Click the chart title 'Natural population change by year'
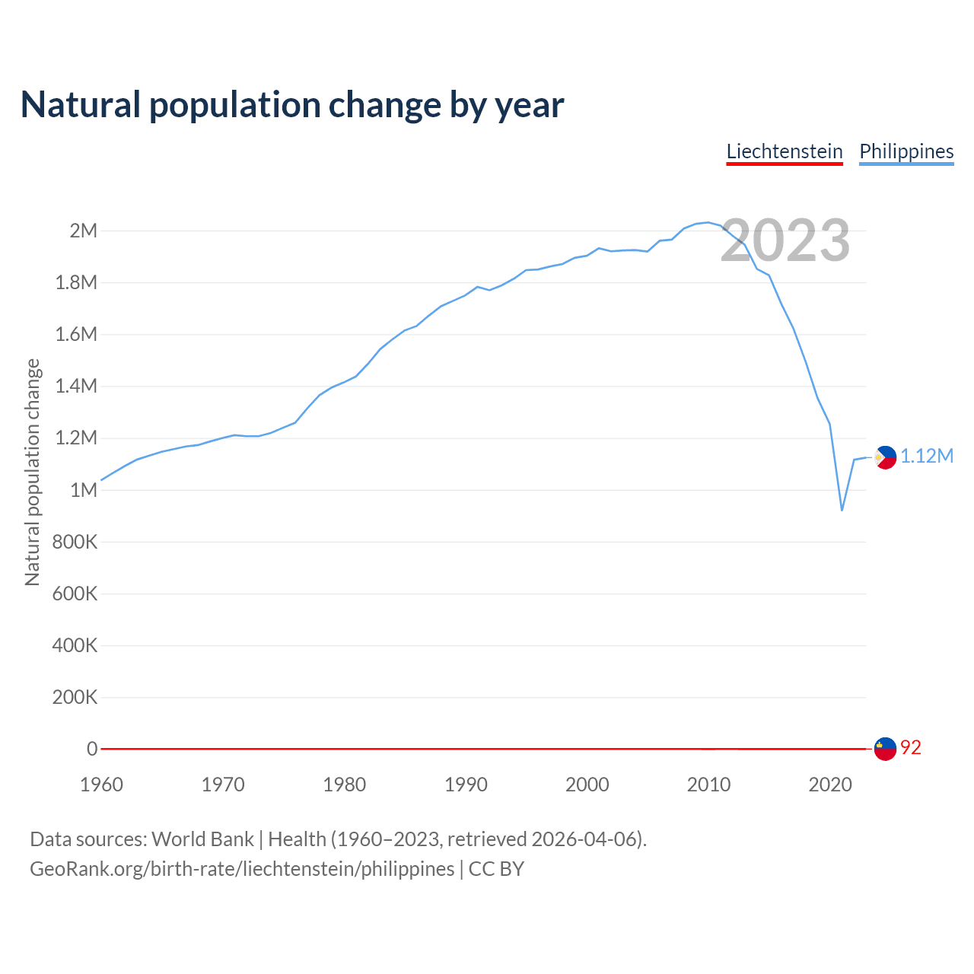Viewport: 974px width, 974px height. [292, 105]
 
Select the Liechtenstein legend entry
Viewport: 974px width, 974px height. [785, 151]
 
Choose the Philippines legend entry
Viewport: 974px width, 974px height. [906, 151]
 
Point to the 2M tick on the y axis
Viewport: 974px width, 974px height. [84, 231]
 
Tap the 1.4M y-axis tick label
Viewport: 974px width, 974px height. [77, 386]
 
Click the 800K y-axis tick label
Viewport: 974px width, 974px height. [75, 542]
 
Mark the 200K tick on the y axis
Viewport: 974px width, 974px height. [75, 697]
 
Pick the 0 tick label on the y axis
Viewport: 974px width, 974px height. [92, 749]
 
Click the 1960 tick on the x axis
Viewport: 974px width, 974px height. [101, 785]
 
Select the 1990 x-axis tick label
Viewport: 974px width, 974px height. [466, 785]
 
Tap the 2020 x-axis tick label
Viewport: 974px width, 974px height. [830, 785]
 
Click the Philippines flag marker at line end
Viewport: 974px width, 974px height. [885, 457]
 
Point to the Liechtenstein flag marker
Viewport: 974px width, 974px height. [885, 749]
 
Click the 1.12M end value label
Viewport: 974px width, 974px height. [927, 456]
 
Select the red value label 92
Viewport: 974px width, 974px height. [911, 748]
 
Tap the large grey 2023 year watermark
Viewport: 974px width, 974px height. [785, 240]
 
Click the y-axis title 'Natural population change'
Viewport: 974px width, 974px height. [33, 472]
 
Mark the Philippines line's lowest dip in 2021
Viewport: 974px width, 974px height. [842, 510]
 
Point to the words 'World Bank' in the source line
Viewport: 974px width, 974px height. [202, 839]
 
